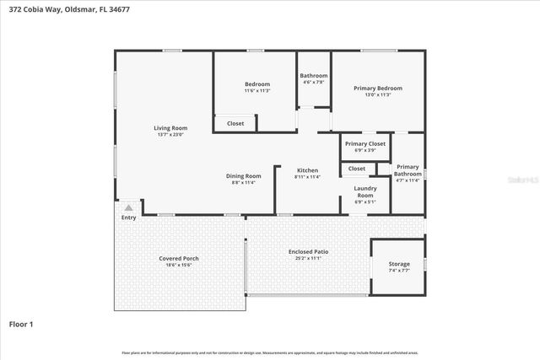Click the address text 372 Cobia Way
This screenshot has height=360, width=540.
point(34,8)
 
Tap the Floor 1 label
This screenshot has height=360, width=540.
point(21,323)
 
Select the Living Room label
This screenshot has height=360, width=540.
point(170,127)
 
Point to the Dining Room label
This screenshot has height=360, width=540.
point(243,175)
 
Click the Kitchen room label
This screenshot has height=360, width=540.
point(306,170)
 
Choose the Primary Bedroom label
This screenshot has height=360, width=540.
point(377,88)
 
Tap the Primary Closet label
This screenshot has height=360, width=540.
point(365,143)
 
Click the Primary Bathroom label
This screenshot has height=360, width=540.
point(408,169)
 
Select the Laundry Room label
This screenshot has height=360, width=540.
point(364,191)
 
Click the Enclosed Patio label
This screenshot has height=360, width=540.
point(309,251)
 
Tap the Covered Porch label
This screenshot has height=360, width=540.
point(178,258)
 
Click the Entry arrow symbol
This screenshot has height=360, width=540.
point(128,207)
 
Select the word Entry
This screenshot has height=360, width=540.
point(128,218)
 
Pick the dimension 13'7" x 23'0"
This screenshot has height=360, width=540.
point(170,134)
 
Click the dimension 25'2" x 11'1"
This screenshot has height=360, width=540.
point(309,258)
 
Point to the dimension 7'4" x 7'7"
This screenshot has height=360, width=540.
point(399,270)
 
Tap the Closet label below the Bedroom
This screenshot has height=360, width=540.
point(235,123)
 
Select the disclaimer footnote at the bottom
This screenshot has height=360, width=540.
point(270,352)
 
